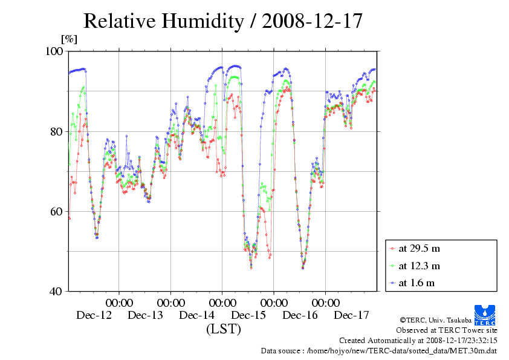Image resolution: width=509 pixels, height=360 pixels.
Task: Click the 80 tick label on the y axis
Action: pyautogui.click(x=58, y=131)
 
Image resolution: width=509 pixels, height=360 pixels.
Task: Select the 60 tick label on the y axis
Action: pyautogui.click(x=58, y=211)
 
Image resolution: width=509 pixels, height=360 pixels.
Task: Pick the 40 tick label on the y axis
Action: pyautogui.click(x=58, y=291)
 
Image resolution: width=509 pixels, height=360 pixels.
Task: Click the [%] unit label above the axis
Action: pyautogui.click(x=70, y=39)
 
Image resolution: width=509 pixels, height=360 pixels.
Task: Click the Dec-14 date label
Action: pyautogui.click(x=197, y=315)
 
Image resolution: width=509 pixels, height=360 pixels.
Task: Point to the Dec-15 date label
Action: pyautogui.click(x=248, y=315)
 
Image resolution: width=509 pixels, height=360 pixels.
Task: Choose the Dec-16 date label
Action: pyautogui.click(x=300, y=315)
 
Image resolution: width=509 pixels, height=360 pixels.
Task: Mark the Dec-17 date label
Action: pyautogui.click(x=352, y=315)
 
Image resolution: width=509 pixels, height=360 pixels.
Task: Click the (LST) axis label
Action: pyautogui.click(x=223, y=329)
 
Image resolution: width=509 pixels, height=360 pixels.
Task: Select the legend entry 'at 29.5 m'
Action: pyautogui.click(x=419, y=248)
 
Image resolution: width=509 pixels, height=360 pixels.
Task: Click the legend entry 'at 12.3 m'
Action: pyautogui.click(x=419, y=266)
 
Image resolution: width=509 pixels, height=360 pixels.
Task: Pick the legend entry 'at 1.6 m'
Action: pyautogui.click(x=417, y=283)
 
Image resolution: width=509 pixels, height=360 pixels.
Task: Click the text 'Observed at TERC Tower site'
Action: pyautogui.click(x=447, y=330)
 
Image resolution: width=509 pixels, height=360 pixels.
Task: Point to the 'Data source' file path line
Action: pyautogui.click(x=379, y=350)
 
